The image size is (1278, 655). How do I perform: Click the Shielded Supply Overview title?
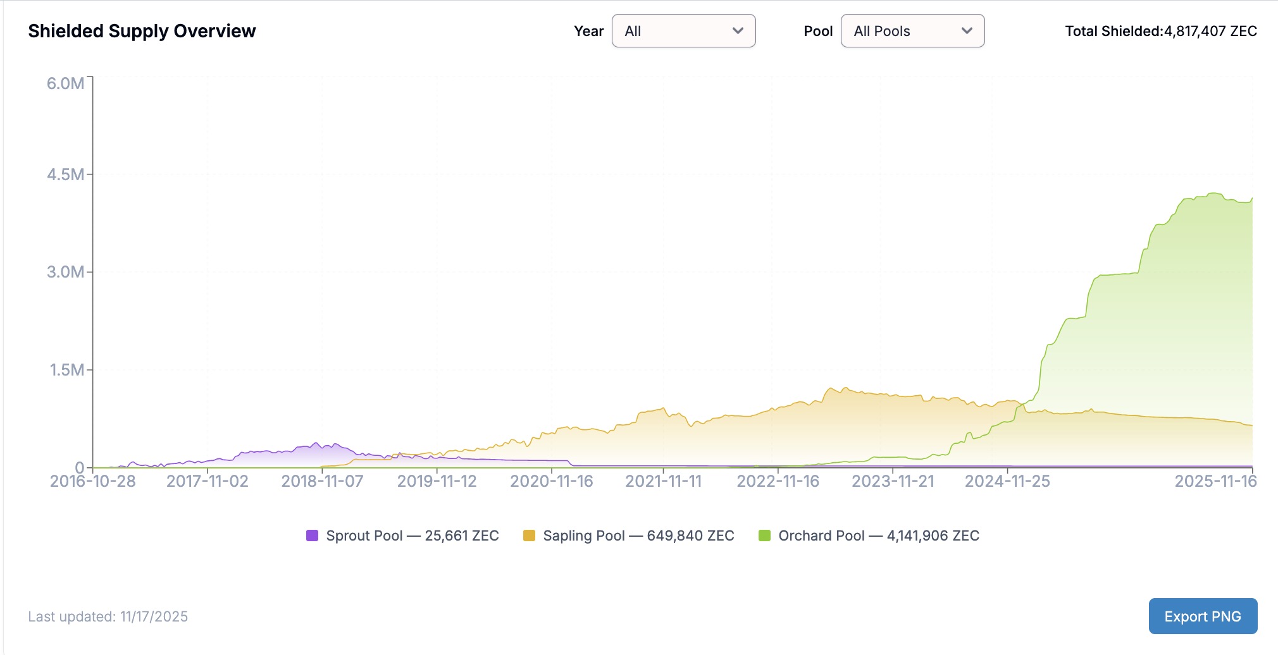(x=142, y=31)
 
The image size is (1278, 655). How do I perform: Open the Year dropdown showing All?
(x=683, y=31)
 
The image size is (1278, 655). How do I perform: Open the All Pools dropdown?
(x=912, y=31)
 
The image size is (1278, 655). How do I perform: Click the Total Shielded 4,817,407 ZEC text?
(x=1160, y=31)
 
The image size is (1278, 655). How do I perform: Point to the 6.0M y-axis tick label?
(x=65, y=83)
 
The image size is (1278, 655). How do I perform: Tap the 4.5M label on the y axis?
(x=65, y=174)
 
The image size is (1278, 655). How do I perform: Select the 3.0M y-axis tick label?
(x=65, y=272)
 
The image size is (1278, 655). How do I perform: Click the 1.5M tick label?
(x=67, y=370)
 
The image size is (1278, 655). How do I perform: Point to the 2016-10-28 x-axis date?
(x=93, y=481)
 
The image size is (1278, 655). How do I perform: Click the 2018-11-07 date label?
(x=322, y=481)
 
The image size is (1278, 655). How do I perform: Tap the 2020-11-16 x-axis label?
(x=552, y=481)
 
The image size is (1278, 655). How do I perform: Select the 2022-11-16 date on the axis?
(x=778, y=481)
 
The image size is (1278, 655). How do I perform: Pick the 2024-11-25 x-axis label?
(x=1007, y=481)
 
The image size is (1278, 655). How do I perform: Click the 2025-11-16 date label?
(x=1215, y=481)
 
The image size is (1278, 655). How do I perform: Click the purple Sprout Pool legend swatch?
(x=312, y=536)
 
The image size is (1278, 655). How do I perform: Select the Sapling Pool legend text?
(x=638, y=536)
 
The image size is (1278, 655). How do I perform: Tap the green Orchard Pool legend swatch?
(x=764, y=536)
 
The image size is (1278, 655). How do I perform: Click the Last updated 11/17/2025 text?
(x=108, y=616)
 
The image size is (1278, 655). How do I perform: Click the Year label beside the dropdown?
(x=588, y=31)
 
